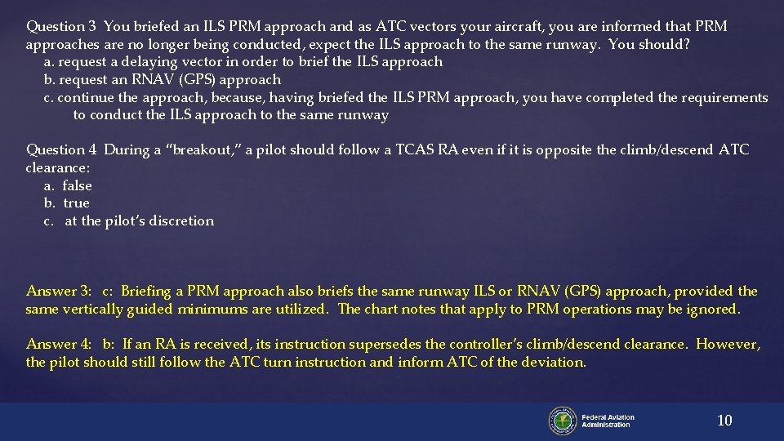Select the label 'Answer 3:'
click(59, 292)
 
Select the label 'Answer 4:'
click(59, 345)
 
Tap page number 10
click(724, 421)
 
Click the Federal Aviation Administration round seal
click(563, 421)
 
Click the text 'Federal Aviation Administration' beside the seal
click(608, 421)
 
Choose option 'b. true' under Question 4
click(67, 203)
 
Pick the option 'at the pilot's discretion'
click(139, 221)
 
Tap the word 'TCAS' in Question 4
click(416, 150)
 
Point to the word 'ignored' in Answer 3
click(714, 310)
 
